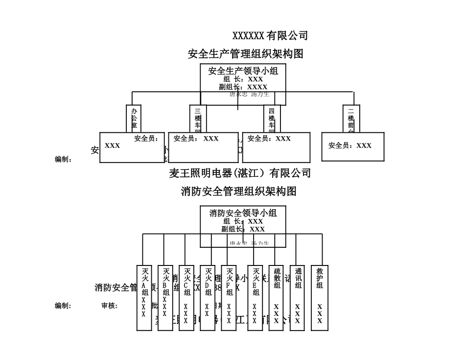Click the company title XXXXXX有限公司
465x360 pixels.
(270, 36)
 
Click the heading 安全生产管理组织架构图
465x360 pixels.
(245, 54)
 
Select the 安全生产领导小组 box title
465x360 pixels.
(243, 71)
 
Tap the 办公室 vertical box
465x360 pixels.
(134, 119)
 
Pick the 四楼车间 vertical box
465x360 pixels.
(272, 119)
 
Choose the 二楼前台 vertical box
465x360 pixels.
(351, 119)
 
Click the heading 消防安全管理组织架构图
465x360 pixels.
(239, 191)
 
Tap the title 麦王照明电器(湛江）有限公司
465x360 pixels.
(240, 173)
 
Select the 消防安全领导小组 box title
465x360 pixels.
(243, 213)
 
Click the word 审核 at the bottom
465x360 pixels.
(108, 306)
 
